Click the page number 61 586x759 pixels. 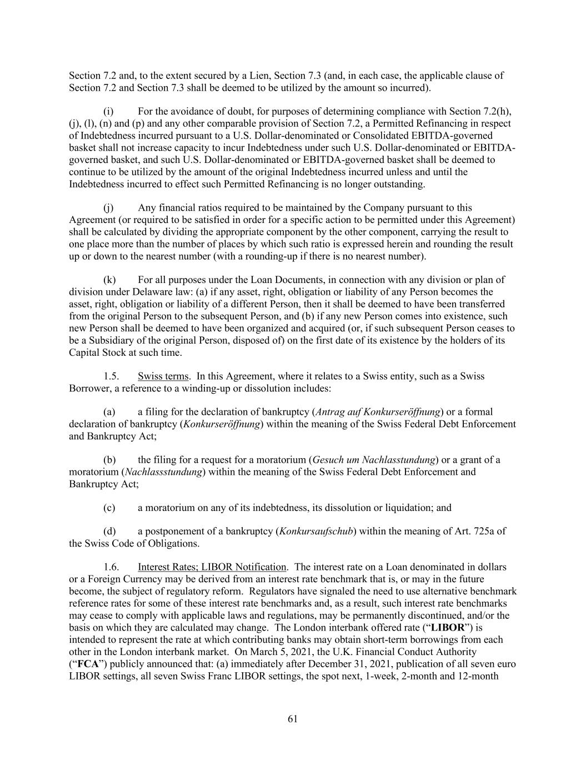click(293, 719)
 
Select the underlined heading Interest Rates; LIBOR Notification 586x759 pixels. click(212, 567)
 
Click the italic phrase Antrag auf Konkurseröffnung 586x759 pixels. click(378, 412)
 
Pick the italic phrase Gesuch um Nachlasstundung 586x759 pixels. click(373, 460)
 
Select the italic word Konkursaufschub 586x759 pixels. click(316, 531)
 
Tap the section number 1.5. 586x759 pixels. click(111, 376)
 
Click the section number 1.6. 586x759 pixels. click(111, 567)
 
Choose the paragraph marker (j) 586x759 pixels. click(108, 208)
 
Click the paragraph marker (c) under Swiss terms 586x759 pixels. click(109, 508)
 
